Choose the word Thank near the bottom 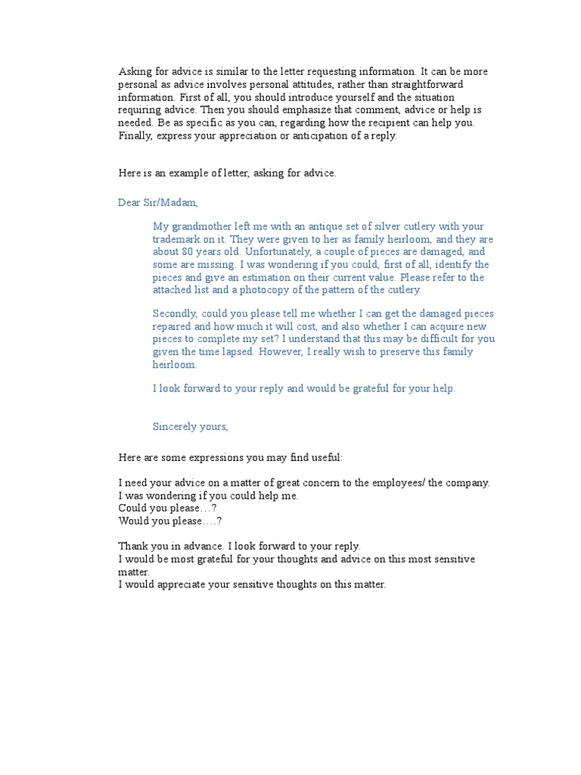coord(133,546)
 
